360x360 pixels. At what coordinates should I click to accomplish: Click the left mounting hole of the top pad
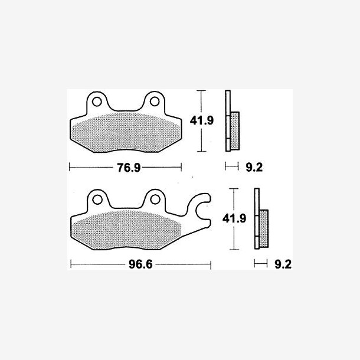[97, 102]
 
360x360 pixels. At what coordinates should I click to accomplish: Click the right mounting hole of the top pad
[155, 102]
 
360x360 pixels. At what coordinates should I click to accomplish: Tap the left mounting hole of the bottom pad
[97, 199]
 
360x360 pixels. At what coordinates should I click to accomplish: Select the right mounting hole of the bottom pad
[155, 199]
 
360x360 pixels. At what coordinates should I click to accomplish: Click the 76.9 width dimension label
[129, 168]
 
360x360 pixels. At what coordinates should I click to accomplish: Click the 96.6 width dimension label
[140, 264]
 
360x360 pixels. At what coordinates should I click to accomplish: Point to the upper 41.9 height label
[202, 120]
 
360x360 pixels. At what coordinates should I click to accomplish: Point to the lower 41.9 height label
[234, 218]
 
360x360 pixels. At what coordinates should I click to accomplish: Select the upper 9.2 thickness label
[254, 168]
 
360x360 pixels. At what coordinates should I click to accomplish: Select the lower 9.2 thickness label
[283, 264]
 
